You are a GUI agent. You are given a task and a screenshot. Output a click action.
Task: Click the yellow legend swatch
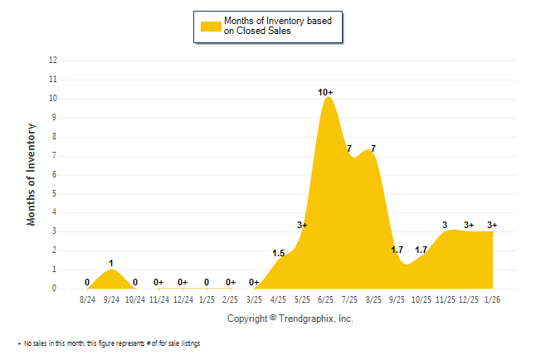pyautogui.click(x=212, y=26)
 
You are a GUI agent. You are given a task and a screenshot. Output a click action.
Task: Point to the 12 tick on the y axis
pyautogui.click(x=53, y=61)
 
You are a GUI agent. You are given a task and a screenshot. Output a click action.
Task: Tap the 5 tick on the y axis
pyautogui.click(x=55, y=193)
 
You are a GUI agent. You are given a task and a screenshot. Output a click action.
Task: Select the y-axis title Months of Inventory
pyautogui.click(x=32, y=174)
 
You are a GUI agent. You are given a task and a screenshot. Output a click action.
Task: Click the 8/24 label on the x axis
pyautogui.click(x=87, y=299)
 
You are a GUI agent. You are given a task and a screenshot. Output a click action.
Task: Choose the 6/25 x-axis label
pyautogui.click(x=326, y=299)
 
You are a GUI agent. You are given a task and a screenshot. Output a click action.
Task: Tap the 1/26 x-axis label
pyautogui.click(x=493, y=299)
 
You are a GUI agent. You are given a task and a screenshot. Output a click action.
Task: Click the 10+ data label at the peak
pyautogui.click(x=326, y=92)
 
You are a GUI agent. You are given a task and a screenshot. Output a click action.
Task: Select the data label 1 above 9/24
pyautogui.click(x=111, y=263)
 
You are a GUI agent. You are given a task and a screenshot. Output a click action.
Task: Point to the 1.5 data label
pyautogui.click(x=279, y=253)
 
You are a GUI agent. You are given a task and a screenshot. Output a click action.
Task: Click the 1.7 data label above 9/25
pyautogui.click(x=397, y=250)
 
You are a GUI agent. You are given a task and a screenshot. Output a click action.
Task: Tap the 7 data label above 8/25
pyautogui.click(x=373, y=149)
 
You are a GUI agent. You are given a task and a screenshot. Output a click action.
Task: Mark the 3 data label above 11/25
pyautogui.click(x=445, y=225)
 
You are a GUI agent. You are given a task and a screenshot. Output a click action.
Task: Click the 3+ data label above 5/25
pyautogui.click(x=302, y=225)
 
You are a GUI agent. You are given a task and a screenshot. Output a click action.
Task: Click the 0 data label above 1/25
pyautogui.click(x=207, y=282)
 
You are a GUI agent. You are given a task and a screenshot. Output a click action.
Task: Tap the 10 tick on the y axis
pyautogui.click(x=53, y=99)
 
